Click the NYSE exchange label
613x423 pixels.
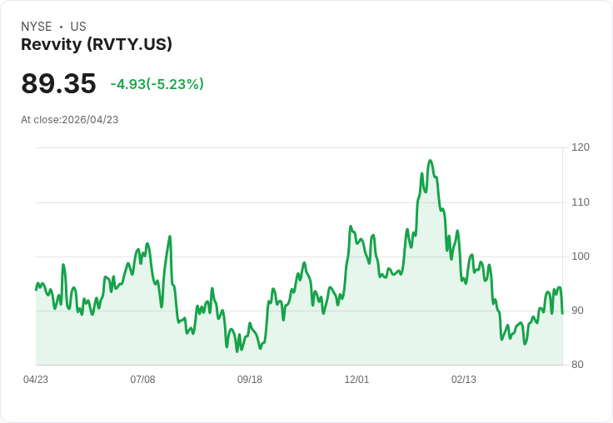(x=37, y=27)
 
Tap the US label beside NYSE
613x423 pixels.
(x=78, y=27)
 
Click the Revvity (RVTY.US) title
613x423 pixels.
(x=97, y=45)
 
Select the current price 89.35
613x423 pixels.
(x=58, y=84)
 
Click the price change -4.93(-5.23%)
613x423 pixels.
(x=157, y=84)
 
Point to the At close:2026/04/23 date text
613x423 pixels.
(x=70, y=120)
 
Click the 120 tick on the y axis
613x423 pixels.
(x=581, y=147)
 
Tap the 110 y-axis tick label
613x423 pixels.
(x=581, y=202)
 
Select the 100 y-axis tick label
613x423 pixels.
(x=581, y=256)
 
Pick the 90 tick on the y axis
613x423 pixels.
(x=578, y=311)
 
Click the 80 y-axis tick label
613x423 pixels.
(x=578, y=365)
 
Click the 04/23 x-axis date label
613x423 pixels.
(x=36, y=380)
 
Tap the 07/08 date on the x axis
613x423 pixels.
(x=142, y=380)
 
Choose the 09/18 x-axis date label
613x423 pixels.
(x=250, y=380)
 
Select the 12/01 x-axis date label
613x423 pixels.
(x=356, y=380)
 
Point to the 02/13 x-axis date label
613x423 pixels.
(x=464, y=380)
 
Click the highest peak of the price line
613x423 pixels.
(x=430, y=161)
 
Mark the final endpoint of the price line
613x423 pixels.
(x=562, y=313)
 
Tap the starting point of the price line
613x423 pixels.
(x=36, y=290)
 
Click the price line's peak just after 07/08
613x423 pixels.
(x=170, y=236)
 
